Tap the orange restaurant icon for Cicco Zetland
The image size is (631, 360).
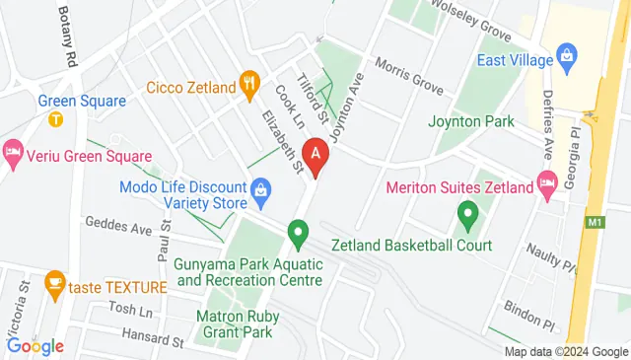coord(251,85)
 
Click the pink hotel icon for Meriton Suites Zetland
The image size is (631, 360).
coord(547,182)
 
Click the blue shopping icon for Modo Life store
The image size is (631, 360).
coord(261,187)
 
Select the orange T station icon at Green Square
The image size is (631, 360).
coord(55,119)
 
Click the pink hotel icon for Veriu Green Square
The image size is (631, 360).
coord(12,152)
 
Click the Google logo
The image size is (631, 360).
coord(35,346)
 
